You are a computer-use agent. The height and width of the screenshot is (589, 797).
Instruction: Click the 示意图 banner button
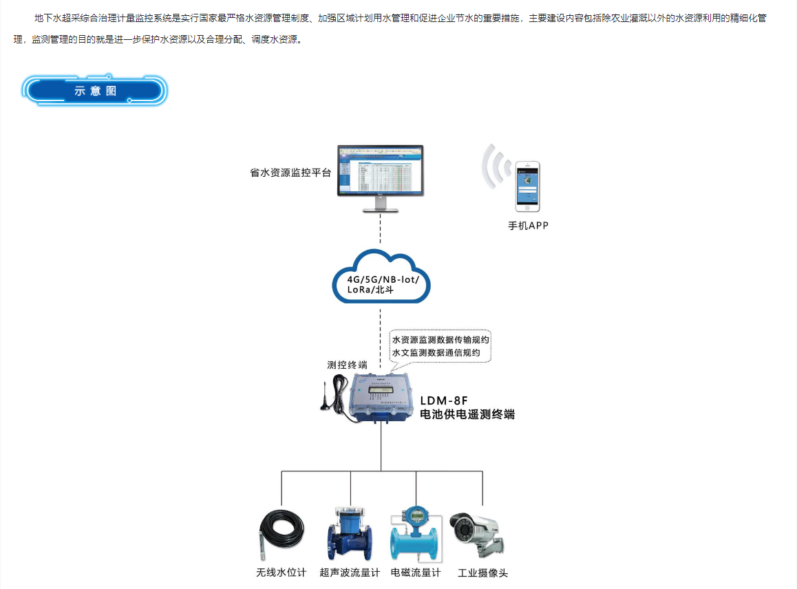pyautogui.click(x=96, y=91)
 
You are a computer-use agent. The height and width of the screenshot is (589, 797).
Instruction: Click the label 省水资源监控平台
pyautogui.click(x=290, y=173)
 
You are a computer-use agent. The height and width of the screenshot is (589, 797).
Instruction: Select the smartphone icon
pyautogui.click(x=528, y=186)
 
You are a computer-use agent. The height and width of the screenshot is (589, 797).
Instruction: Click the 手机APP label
pyautogui.click(x=528, y=226)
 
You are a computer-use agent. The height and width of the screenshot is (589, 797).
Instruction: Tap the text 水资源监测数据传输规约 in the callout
pyautogui.click(x=440, y=340)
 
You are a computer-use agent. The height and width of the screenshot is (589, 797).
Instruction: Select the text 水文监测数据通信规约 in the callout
pyautogui.click(x=440, y=353)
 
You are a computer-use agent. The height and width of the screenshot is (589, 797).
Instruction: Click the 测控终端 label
pyautogui.click(x=347, y=365)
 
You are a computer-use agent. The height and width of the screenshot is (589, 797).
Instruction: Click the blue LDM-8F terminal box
pyautogui.click(x=384, y=397)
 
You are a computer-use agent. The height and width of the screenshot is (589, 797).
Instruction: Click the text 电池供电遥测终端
pyautogui.click(x=467, y=414)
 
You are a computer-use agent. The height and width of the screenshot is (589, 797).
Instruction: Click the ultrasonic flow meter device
pyautogui.click(x=350, y=533)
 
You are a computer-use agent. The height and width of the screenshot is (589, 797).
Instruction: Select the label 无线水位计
pyautogui.click(x=281, y=572)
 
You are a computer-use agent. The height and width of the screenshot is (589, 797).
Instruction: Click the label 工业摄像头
pyautogui.click(x=482, y=572)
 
